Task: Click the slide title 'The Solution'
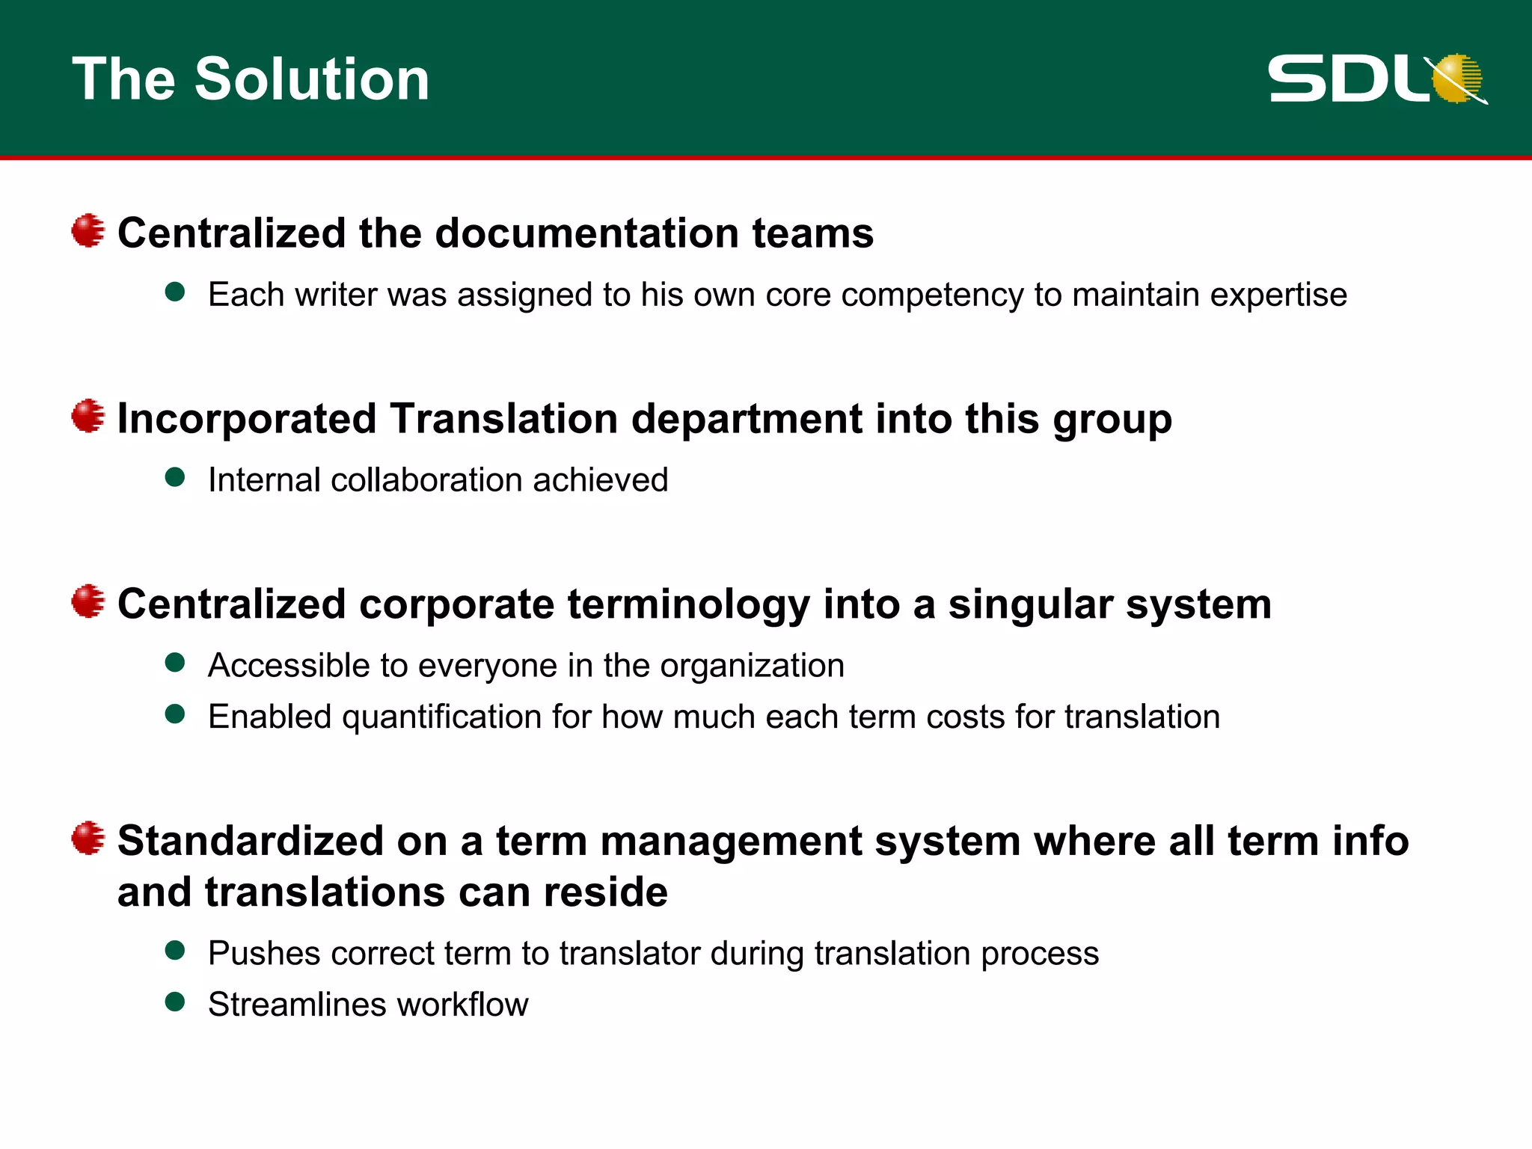click(x=251, y=79)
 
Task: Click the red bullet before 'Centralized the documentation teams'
click(x=88, y=230)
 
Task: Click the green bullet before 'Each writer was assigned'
click(x=175, y=292)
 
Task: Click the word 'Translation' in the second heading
click(x=504, y=418)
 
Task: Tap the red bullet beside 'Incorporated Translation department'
click(x=88, y=416)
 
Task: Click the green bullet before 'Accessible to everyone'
click(x=175, y=663)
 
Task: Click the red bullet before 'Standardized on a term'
click(x=88, y=839)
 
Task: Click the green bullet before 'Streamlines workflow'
click(x=175, y=1002)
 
